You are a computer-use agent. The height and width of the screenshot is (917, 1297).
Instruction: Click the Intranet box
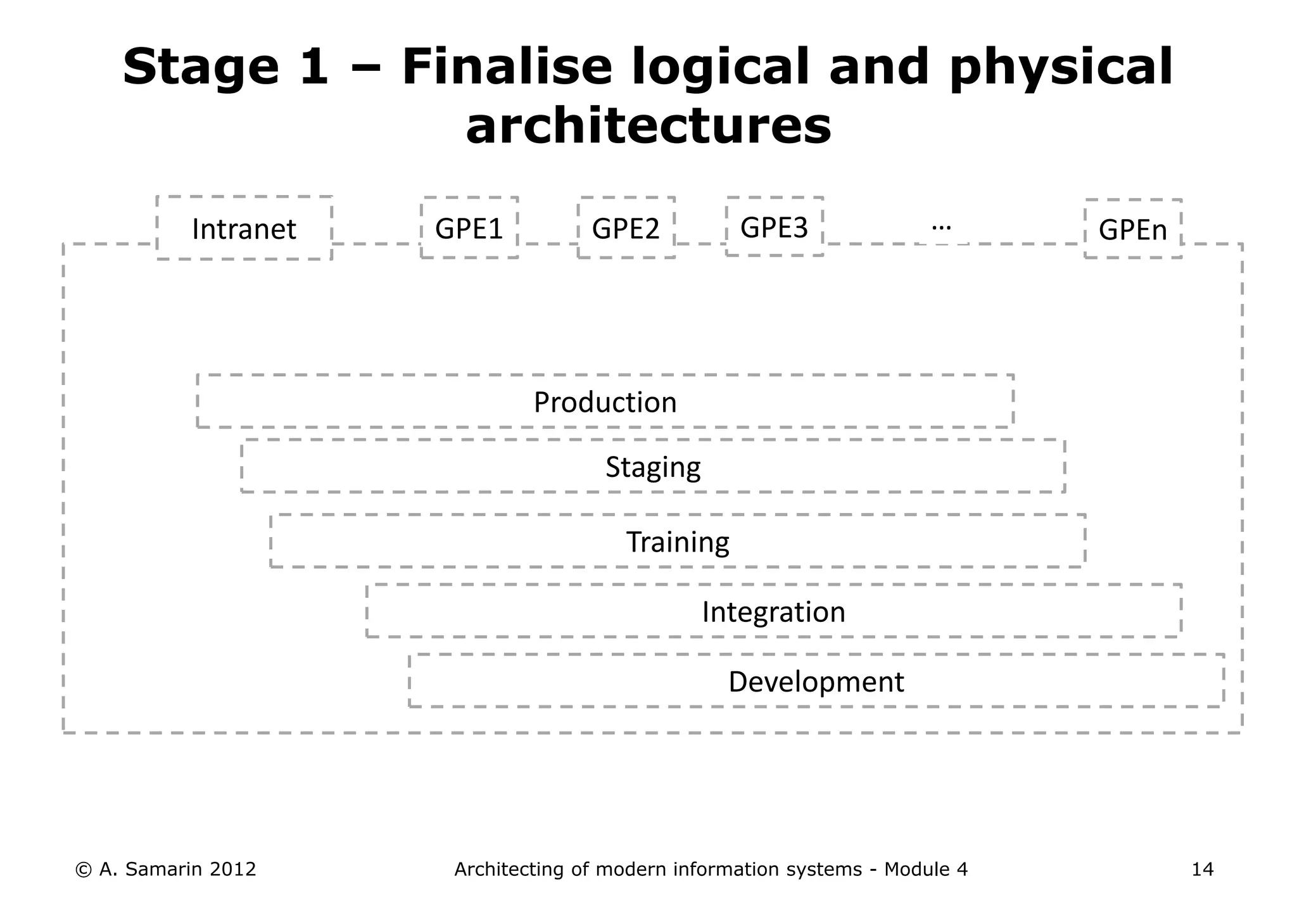pyautogui.click(x=244, y=229)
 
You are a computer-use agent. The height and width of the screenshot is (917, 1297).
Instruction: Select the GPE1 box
pyautogui.click(x=469, y=228)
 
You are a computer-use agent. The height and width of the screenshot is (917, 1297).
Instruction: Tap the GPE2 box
pyautogui.click(x=626, y=228)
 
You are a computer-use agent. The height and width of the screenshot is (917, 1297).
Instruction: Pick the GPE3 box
pyautogui.click(x=774, y=227)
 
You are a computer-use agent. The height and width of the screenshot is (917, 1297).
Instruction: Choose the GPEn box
pyautogui.click(x=1132, y=229)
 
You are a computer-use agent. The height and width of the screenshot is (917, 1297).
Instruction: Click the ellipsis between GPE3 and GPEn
pyautogui.click(x=942, y=226)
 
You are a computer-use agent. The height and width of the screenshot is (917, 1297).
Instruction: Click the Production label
pyautogui.click(x=605, y=402)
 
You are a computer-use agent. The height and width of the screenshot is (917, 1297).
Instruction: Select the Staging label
pyautogui.click(x=653, y=467)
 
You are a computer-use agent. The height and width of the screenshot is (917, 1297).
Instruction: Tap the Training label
pyautogui.click(x=678, y=542)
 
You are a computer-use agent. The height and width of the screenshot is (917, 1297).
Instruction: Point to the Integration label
pyautogui.click(x=773, y=612)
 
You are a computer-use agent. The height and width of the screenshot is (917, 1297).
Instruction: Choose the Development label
pyautogui.click(x=816, y=681)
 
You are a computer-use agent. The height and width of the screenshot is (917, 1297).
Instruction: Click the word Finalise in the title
pyautogui.click(x=507, y=67)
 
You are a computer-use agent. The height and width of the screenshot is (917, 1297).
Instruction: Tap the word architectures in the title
pyautogui.click(x=648, y=125)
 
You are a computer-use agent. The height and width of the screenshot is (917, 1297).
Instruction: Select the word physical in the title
pyautogui.click(x=1061, y=68)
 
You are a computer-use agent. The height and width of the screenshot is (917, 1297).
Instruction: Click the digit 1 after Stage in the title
pyautogui.click(x=314, y=67)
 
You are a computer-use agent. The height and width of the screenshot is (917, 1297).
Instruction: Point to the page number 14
pyautogui.click(x=1202, y=870)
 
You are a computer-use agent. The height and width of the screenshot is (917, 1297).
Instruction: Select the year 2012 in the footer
pyautogui.click(x=232, y=870)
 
